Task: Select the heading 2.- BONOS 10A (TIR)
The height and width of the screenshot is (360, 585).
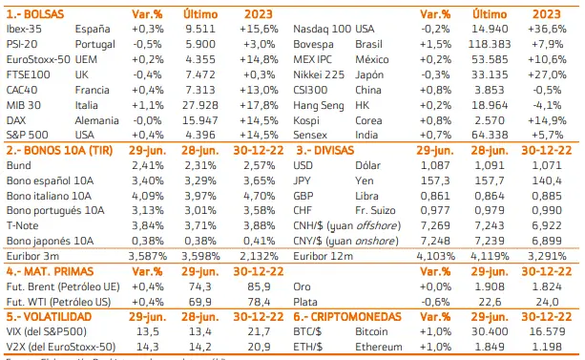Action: [x=60, y=152]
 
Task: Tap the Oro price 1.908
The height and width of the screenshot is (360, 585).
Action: [x=501, y=284]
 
